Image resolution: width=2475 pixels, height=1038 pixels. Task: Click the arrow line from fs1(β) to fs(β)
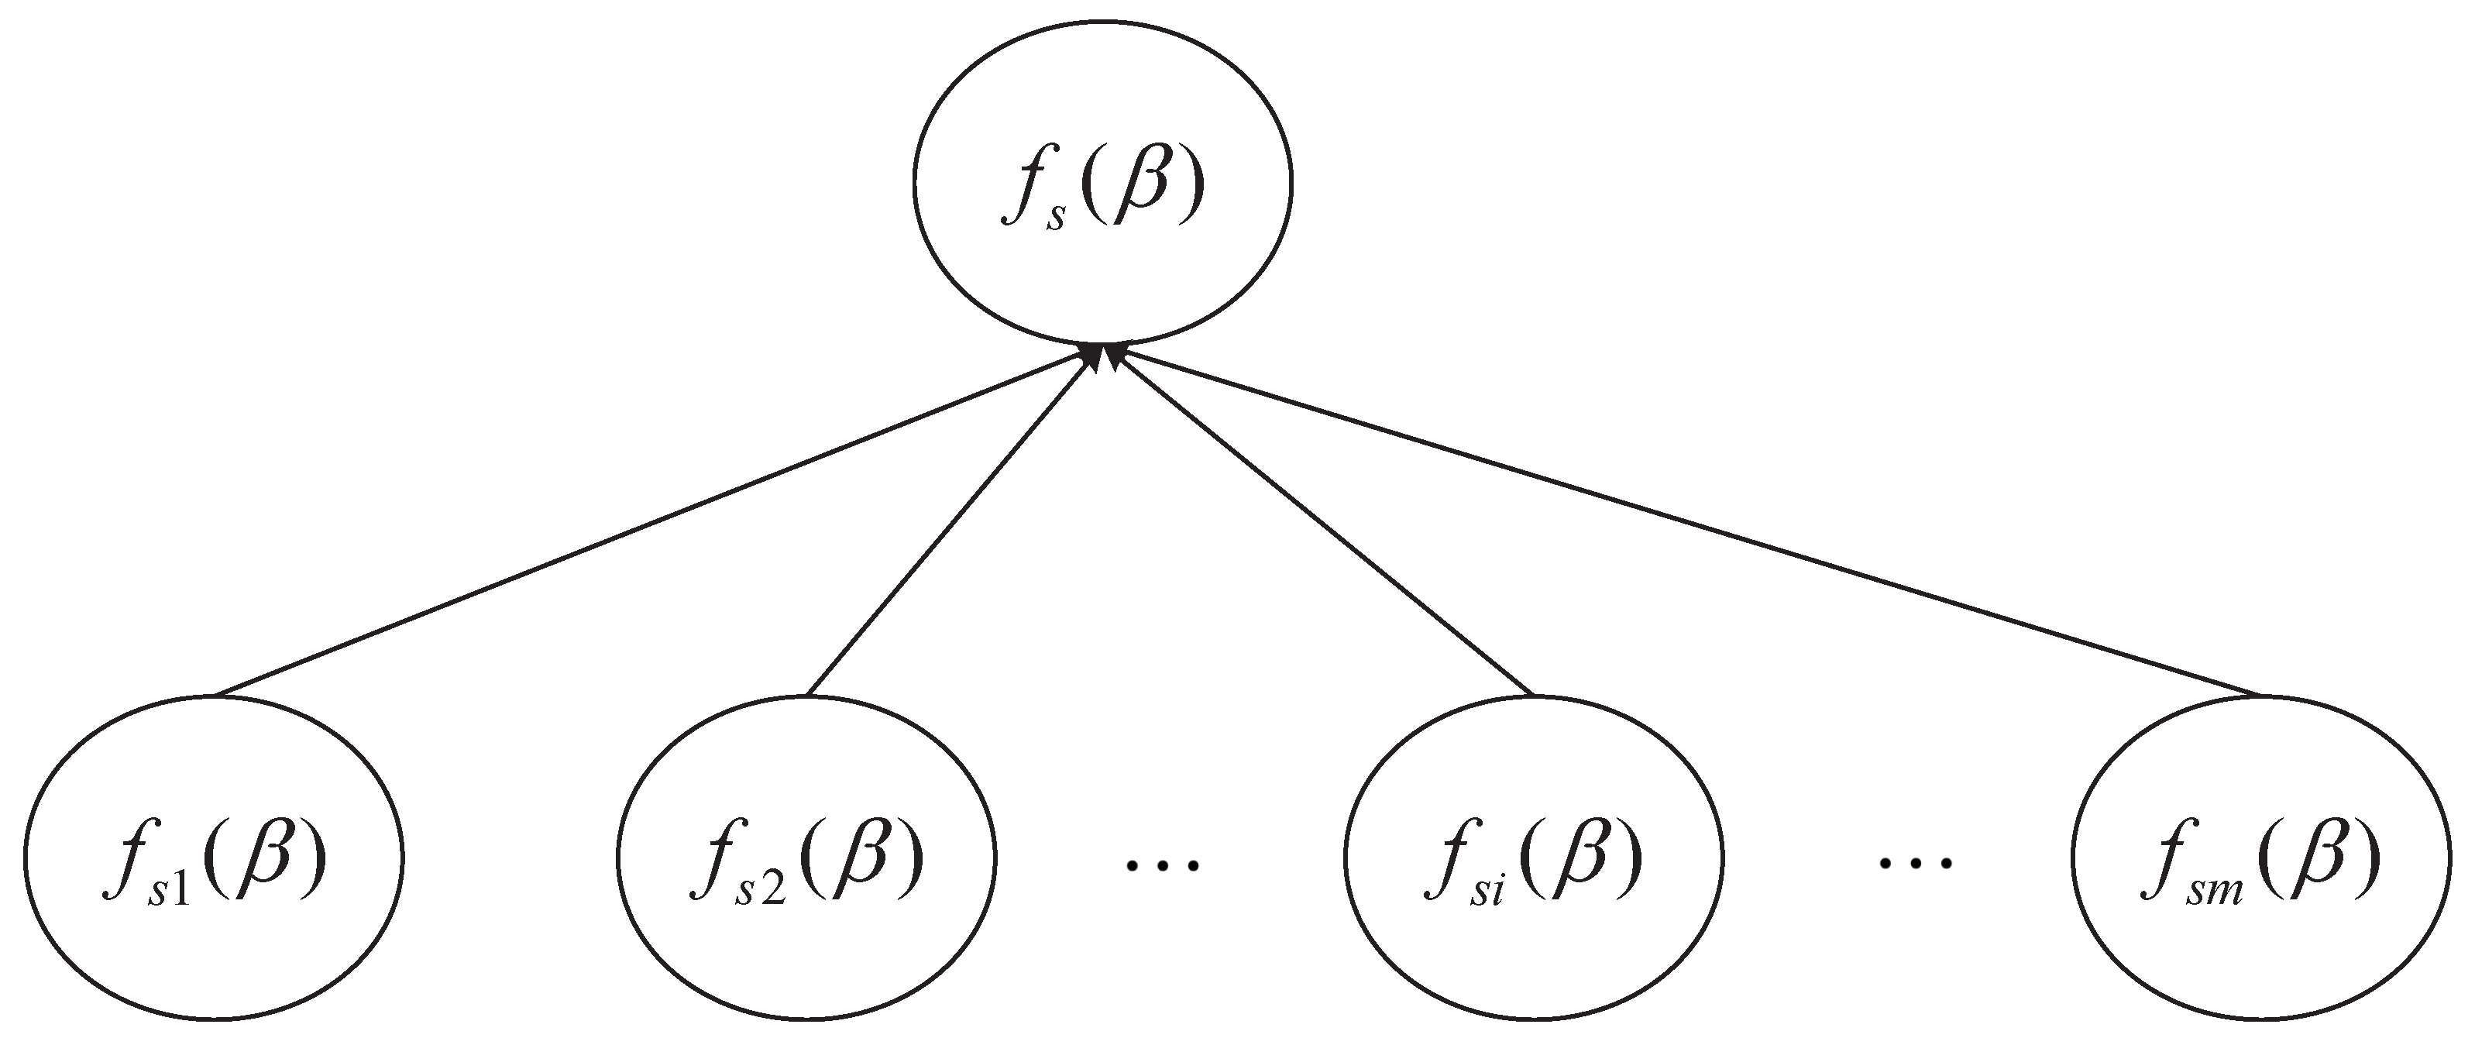[x=653, y=524]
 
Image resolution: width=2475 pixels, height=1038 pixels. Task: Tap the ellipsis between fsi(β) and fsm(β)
[x=1916, y=864]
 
